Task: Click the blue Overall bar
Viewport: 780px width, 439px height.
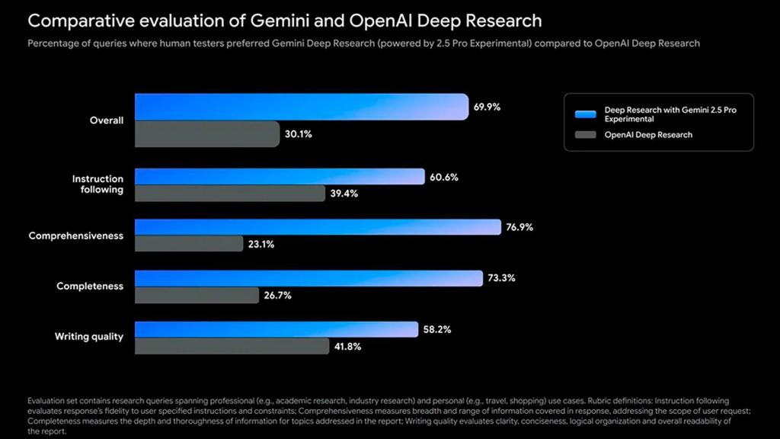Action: pyautogui.click(x=301, y=107)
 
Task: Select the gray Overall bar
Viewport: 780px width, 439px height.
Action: pyautogui.click(x=207, y=134)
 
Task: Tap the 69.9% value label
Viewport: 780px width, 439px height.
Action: pyautogui.click(x=487, y=107)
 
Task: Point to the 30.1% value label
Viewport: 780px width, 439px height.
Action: pyautogui.click(x=299, y=134)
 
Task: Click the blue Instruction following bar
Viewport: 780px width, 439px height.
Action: pyautogui.click(x=280, y=177)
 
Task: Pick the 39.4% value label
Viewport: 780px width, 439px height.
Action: pyautogui.click(x=344, y=194)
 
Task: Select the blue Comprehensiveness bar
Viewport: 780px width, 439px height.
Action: pyautogui.click(x=318, y=227)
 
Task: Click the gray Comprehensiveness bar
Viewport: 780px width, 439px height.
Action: pyautogui.click(x=189, y=245)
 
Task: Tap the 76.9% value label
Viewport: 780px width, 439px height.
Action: pyautogui.click(x=519, y=227)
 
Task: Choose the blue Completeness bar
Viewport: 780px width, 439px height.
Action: pyautogui.click(x=308, y=278)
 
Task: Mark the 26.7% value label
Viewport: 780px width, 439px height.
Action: pyautogui.click(x=277, y=295)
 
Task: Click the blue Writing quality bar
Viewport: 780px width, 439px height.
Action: pyautogui.click(x=277, y=329)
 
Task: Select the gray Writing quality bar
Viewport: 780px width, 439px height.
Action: pyautogui.click(x=232, y=346)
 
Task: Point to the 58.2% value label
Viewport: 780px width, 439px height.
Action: pyautogui.click(x=436, y=329)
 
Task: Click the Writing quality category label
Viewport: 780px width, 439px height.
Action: pyautogui.click(x=88, y=336)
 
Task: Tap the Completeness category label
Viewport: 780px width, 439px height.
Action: pyautogui.click(x=90, y=287)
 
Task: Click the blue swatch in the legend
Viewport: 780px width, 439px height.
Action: pyautogui.click(x=585, y=114)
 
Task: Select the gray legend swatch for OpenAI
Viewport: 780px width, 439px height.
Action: pyautogui.click(x=585, y=135)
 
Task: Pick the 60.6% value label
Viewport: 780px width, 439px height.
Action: pyautogui.click(x=444, y=177)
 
